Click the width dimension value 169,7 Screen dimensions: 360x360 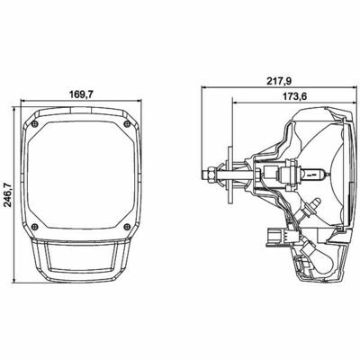pyautogui.click(x=81, y=94)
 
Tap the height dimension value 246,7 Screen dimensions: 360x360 pyautogui.click(x=8, y=195)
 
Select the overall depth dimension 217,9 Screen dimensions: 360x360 pyautogui.click(x=279, y=81)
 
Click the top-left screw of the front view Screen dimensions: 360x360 pyautogui.click(x=35, y=123)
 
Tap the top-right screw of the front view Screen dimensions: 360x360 pyautogui.click(x=127, y=123)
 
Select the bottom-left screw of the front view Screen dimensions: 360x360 pyautogui.click(x=35, y=227)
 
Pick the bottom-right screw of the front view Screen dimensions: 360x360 pyautogui.click(x=127, y=227)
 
